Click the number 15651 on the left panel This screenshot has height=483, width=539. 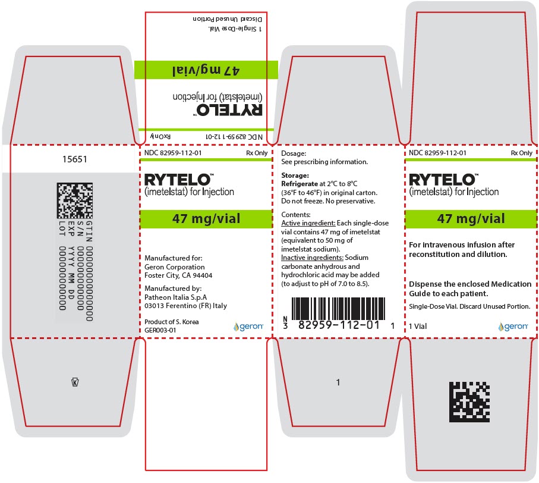(x=75, y=159)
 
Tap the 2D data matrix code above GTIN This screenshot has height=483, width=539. (x=75, y=200)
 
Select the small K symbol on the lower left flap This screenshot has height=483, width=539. (x=75, y=382)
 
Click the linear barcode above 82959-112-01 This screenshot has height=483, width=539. (x=338, y=309)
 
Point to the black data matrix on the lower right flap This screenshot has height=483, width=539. (x=469, y=402)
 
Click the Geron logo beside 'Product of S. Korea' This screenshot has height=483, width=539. (x=248, y=326)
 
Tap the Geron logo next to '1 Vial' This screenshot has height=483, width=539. (x=513, y=326)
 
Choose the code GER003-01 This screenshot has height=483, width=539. (x=160, y=330)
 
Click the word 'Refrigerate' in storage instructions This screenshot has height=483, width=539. (x=300, y=184)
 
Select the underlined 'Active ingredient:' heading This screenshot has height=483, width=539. (x=308, y=223)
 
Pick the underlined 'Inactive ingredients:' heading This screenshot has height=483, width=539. (x=312, y=258)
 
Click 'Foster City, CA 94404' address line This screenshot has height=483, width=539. (x=178, y=275)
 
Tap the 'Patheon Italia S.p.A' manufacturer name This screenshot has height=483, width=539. (x=176, y=297)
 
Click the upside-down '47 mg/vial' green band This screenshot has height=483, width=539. (x=206, y=70)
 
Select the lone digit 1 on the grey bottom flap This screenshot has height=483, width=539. (x=338, y=382)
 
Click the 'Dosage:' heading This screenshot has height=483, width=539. (x=294, y=153)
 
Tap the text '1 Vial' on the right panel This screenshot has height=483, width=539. (x=418, y=326)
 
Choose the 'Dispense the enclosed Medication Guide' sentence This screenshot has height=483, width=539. (x=470, y=289)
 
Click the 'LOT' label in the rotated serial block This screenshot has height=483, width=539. (x=62, y=228)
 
